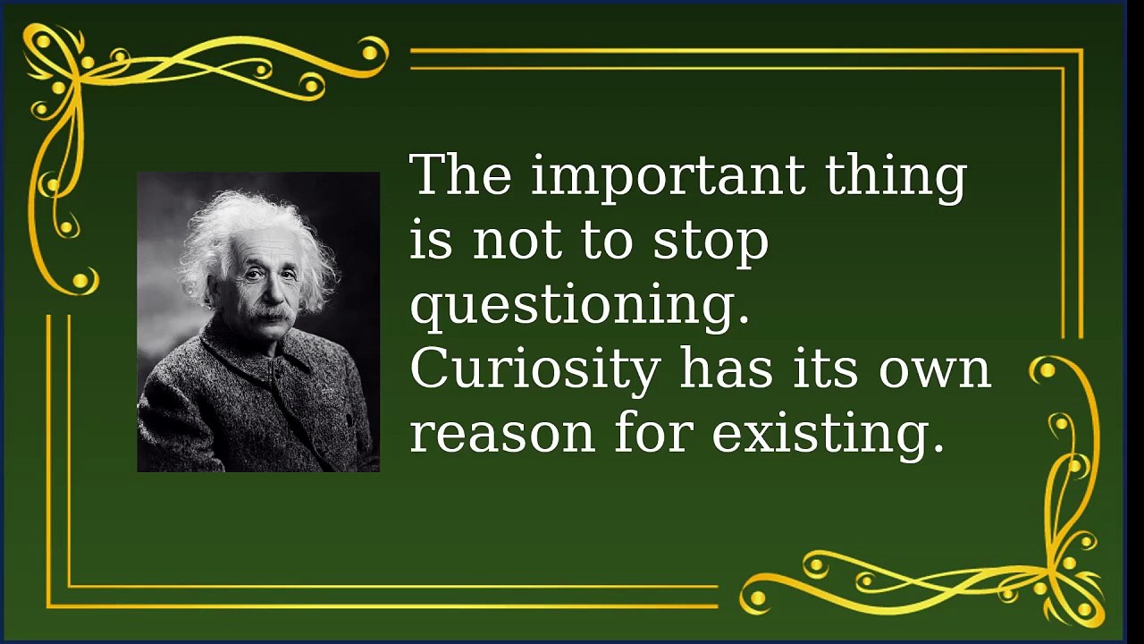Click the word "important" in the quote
[668, 176]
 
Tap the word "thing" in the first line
[896, 176]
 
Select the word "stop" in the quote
[711, 241]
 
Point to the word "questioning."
[580, 306]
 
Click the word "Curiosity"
[535, 370]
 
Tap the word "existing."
[828, 435]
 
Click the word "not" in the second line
[517, 242]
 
